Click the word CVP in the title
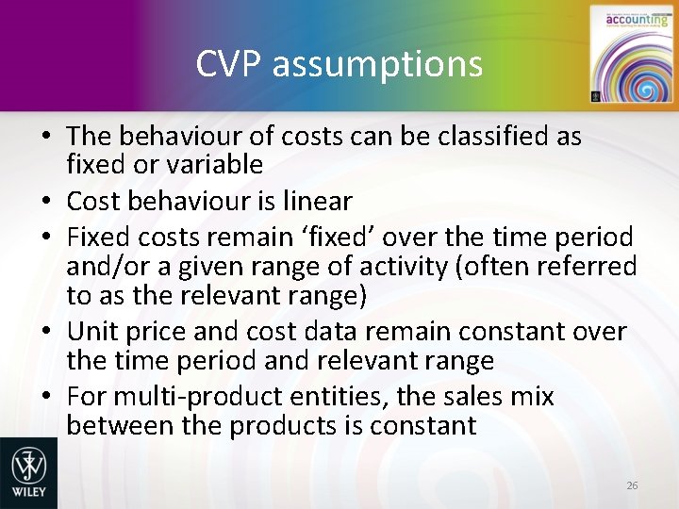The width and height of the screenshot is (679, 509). point(224,64)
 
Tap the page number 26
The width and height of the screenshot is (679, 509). point(632,484)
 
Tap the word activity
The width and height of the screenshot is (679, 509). point(401,267)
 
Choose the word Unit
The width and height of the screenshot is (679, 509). point(94,332)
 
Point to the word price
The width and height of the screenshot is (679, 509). point(167,332)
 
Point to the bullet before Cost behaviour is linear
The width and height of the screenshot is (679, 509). point(45,202)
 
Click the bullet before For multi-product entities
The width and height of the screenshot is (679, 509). point(45,397)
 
